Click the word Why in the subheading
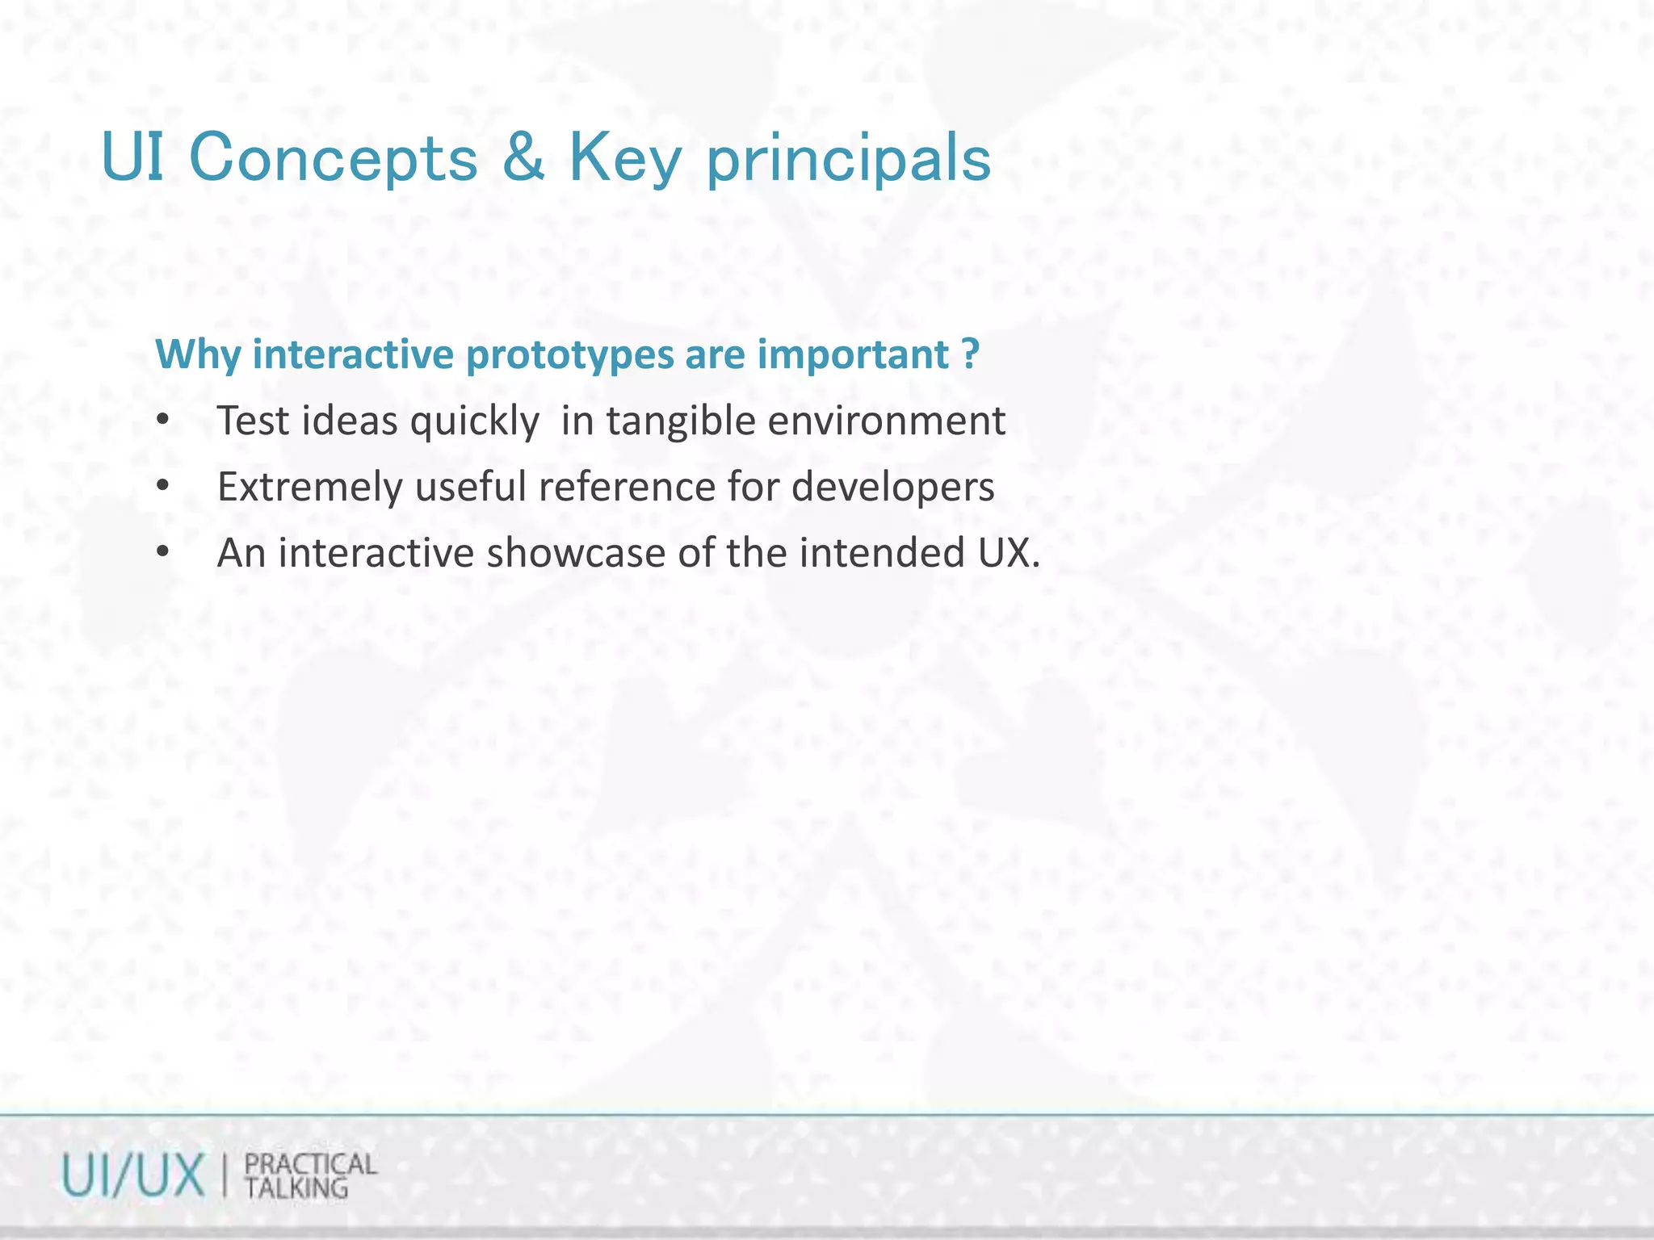[198, 355]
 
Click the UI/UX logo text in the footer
[133, 1176]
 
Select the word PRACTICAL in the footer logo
[311, 1165]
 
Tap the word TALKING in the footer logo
[296, 1188]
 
